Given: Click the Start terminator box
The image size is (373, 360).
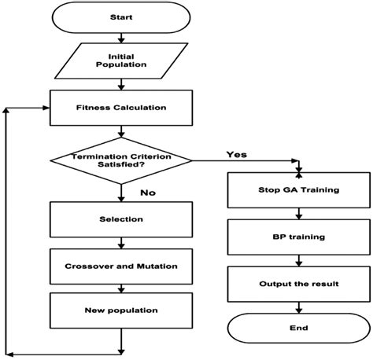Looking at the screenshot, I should click(x=120, y=17).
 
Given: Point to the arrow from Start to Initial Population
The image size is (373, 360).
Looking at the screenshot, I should click(x=120, y=38).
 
